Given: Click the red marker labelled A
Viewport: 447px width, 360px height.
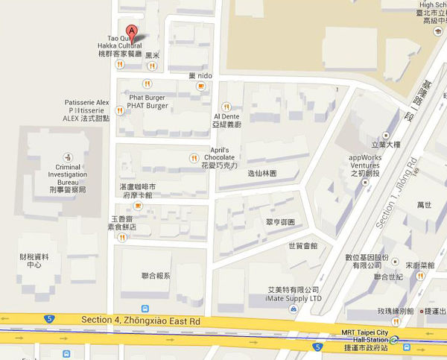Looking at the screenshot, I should click(x=132, y=32).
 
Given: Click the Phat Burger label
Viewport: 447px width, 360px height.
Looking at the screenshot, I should click(x=148, y=101).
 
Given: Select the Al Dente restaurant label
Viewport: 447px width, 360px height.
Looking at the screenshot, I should click(x=226, y=121).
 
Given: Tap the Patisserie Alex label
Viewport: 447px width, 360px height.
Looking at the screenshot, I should click(x=86, y=110).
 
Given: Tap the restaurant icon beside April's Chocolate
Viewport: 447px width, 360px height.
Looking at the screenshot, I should click(x=194, y=157).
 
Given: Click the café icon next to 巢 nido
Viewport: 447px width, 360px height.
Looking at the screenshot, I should click(x=200, y=86).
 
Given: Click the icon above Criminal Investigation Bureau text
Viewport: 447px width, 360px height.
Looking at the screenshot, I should click(x=69, y=157).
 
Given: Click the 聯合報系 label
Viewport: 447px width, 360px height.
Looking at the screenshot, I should click(x=156, y=275).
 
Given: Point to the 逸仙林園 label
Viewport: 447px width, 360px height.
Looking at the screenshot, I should click(x=261, y=173).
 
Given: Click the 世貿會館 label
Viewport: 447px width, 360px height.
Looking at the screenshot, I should click(x=302, y=245).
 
